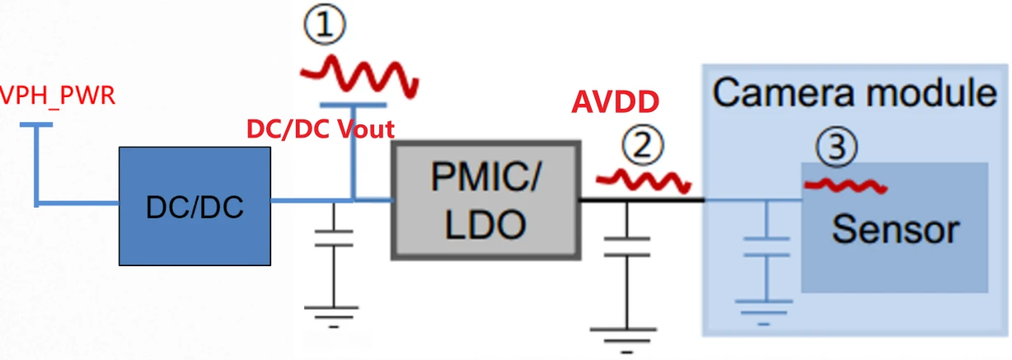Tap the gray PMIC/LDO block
[x=485, y=201]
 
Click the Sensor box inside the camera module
[x=894, y=227]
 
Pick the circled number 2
[x=643, y=147]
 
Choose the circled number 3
[x=836, y=148]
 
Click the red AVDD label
[x=616, y=102]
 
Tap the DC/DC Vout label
[x=320, y=129]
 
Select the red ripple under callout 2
[x=644, y=178]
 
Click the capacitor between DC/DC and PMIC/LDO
[x=334, y=239]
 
